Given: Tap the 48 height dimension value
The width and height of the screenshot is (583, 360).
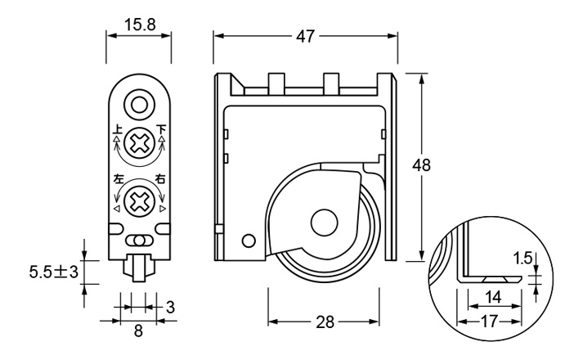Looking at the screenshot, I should pos(421,164).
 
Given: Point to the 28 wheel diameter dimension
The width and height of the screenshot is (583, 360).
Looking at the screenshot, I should pos(325,322).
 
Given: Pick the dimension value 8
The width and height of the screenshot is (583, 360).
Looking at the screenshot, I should pos(137,331).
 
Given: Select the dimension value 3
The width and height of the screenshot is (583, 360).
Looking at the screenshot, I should pos(170,307).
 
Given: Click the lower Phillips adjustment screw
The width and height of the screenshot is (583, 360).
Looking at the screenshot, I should pos(141,199).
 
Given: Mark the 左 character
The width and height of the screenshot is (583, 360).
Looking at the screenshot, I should pos(118,179).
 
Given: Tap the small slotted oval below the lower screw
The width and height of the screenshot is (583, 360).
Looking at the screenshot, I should pos(140,241).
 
